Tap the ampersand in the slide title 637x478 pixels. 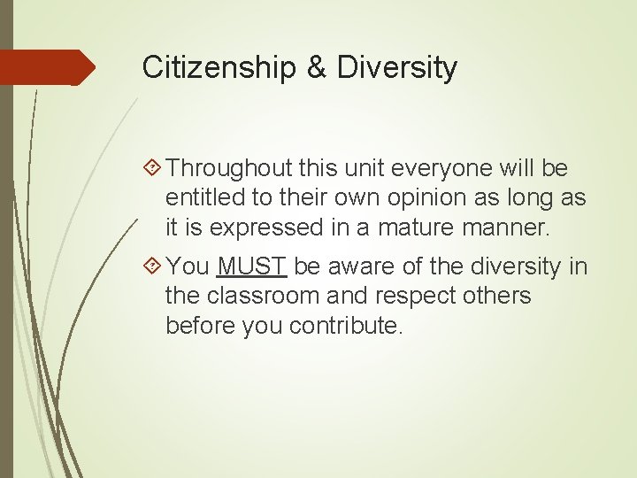point(317,68)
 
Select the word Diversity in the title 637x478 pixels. point(397,68)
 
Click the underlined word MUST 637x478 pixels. point(252,266)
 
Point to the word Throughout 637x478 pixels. point(229,168)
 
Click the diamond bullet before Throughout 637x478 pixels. point(151,168)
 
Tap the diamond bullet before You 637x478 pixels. point(151,266)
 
